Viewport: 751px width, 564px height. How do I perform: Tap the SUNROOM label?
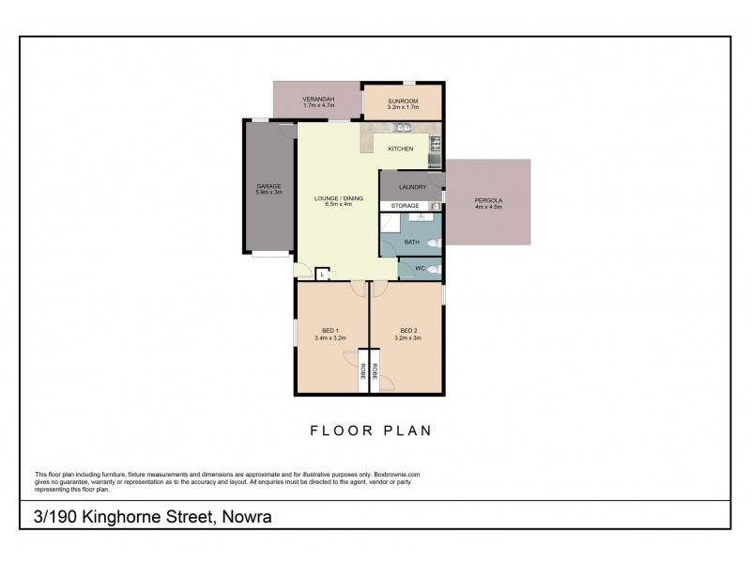click(x=403, y=99)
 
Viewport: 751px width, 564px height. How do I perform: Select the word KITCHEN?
click(x=401, y=149)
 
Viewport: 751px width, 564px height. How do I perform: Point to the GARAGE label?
click(x=268, y=186)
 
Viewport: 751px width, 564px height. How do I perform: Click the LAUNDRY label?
click(x=412, y=187)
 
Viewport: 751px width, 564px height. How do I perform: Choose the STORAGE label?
click(x=406, y=205)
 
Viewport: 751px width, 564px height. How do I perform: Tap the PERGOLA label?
click(x=488, y=201)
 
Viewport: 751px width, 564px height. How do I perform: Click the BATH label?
click(x=411, y=242)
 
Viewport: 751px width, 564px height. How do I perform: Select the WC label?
click(x=420, y=269)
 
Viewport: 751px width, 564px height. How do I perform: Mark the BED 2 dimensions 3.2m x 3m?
click(x=407, y=337)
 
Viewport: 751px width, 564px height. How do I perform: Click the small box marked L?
click(x=321, y=274)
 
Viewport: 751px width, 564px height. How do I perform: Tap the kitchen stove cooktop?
click(x=436, y=144)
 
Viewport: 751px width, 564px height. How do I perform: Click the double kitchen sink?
click(x=403, y=126)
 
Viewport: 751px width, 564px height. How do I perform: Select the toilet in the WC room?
click(x=433, y=270)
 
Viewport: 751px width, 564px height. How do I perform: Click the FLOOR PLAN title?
click(x=370, y=431)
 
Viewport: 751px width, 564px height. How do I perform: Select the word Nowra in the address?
click(x=249, y=517)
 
